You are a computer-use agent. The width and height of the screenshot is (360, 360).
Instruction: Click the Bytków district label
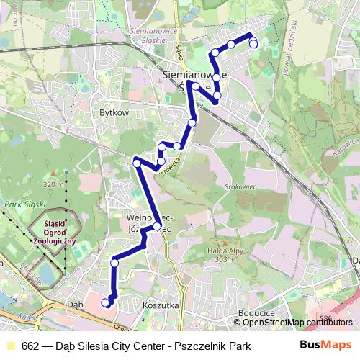tap(114, 114)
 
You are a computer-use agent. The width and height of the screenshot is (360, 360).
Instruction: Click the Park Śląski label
tap(21, 204)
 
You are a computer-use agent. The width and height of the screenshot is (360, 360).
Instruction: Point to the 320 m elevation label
tap(54, 185)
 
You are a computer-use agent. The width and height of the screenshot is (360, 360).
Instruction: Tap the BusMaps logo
tap(325, 346)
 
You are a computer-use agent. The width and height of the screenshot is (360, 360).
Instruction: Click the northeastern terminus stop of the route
tap(253, 44)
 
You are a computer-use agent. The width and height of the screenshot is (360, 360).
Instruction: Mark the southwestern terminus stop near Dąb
tap(106, 302)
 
